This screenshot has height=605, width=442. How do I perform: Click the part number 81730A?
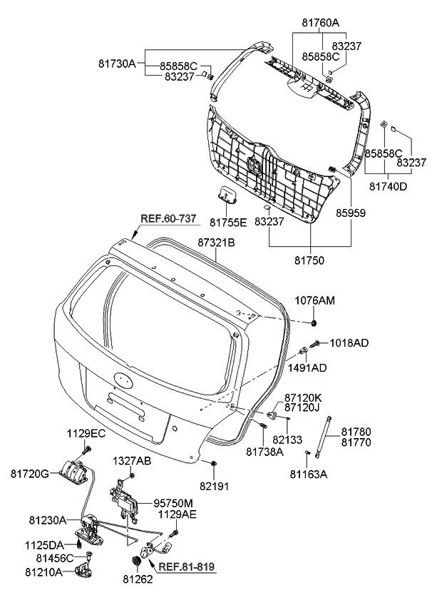click(x=116, y=63)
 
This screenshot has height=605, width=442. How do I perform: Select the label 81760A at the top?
click(x=319, y=24)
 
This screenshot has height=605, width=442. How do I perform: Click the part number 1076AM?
click(x=314, y=302)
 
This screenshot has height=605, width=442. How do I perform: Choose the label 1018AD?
click(x=349, y=343)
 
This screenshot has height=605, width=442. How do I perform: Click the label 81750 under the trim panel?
click(x=309, y=260)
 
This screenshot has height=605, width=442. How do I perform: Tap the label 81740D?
click(x=389, y=187)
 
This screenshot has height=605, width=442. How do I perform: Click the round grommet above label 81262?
click(x=130, y=561)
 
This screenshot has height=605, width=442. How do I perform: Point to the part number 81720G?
click(x=29, y=473)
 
